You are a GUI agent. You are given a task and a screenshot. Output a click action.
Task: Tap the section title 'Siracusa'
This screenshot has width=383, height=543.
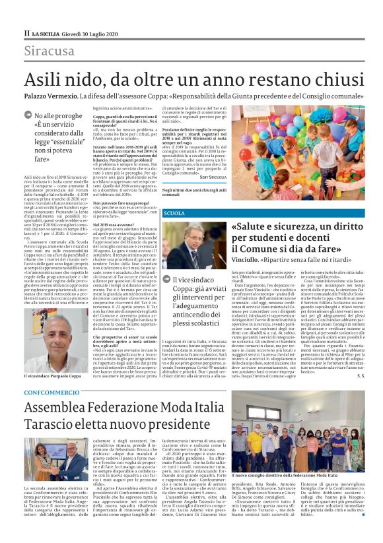click(50, 51)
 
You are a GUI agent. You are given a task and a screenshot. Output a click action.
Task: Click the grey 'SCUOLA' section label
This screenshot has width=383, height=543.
click(174, 214)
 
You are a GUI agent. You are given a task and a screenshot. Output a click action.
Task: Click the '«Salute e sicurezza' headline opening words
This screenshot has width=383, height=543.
click(277, 227)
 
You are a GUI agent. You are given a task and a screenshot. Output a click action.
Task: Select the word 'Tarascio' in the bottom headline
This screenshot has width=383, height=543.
click(58, 424)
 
